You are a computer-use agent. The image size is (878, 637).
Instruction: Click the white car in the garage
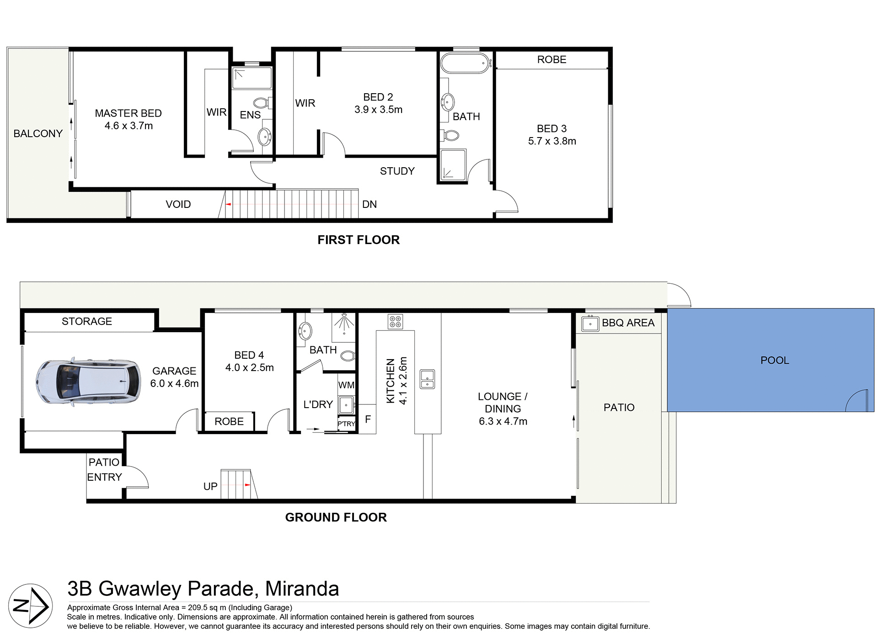pyautogui.click(x=88, y=382)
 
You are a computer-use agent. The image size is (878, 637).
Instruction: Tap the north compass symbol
pyautogui.click(x=30, y=606)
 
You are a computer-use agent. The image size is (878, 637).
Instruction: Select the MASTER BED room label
pyautogui.click(x=128, y=113)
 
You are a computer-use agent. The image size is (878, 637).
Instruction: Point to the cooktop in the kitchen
pyautogui.click(x=395, y=322)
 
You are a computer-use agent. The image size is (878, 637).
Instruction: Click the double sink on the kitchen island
pyautogui.click(x=427, y=379)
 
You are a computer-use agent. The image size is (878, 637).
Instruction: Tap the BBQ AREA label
pyautogui.click(x=627, y=323)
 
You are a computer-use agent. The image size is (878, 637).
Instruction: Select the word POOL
pyautogui.click(x=774, y=361)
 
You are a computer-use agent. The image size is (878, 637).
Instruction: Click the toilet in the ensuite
pyautogui.click(x=261, y=102)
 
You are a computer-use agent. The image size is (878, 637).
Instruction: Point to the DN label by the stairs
pyautogui.click(x=369, y=204)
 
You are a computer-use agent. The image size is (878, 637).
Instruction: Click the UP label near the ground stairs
pyautogui.click(x=210, y=487)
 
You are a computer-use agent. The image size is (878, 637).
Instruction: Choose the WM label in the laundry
pyautogui.click(x=346, y=385)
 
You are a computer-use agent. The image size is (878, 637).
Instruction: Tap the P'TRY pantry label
pyautogui.click(x=346, y=424)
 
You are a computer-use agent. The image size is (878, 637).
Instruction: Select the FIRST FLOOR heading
pyautogui.click(x=359, y=240)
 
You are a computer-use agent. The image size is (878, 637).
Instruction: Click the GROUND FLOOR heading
pyautogui.click(x=336, y=517)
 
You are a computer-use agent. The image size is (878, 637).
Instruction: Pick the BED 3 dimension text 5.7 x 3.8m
pyautogui.click(x=551, y=141)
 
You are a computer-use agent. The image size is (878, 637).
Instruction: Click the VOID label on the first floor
pyautogui.click(x=178, y=204)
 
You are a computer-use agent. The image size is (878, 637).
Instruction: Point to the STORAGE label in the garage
pyautogui.click(x=87, y=321)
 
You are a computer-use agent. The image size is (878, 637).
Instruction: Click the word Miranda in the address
pyautogui.click(x=302, y=589)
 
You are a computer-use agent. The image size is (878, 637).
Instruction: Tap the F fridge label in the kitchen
pyautogui.click(x=368, y=419)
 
